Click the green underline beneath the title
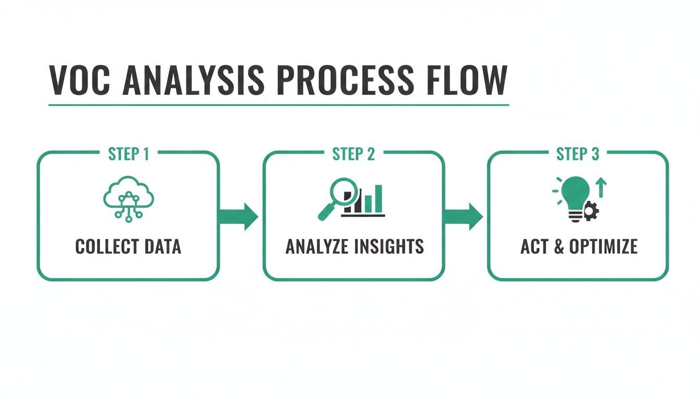(279, 105)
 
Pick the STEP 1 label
(128, 155)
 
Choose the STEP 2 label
(354, 155)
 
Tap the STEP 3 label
(578, 155)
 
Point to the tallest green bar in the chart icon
(379, 199)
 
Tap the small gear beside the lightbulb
(592, 211)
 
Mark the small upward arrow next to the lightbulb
(602, 187)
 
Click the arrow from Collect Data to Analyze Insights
(239, 216)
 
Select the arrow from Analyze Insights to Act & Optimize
(464, 216)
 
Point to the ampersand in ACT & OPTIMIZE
(558, 246)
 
